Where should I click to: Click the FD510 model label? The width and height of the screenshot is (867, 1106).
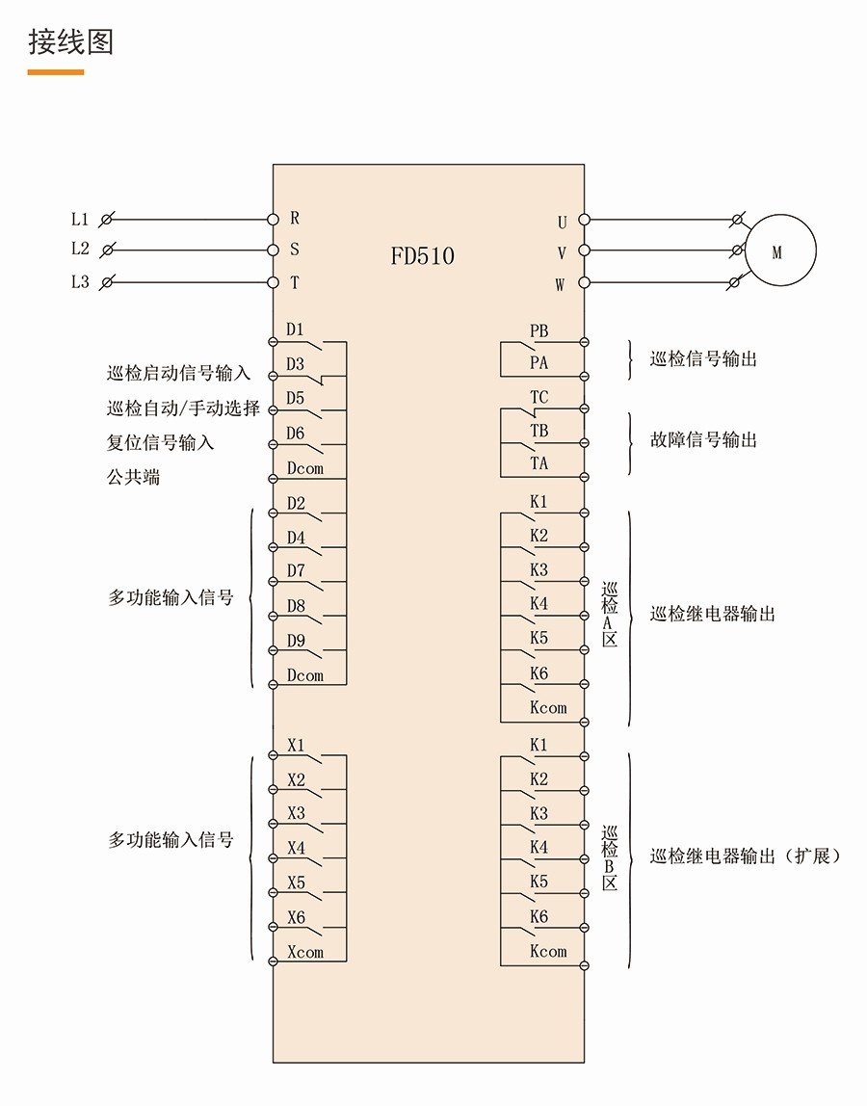[422, 256]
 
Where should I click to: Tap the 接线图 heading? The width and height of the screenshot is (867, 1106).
[70, 42]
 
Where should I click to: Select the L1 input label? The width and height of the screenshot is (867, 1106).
[80, 220]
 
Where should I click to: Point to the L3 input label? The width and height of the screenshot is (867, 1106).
[80, 282]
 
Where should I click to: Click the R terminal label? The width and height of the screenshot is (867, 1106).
[295, 219]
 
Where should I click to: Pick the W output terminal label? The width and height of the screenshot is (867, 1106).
[560, 284]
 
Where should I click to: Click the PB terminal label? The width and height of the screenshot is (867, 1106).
[539, 331]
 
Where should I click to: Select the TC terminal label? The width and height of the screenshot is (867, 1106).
[539, 397]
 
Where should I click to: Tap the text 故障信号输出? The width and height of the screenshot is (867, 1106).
[703, 440]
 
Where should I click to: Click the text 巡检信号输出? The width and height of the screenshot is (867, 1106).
[703, 359]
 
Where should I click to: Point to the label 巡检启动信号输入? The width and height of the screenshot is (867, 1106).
[178, 374]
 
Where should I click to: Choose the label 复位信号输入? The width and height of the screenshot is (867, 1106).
[160, 443]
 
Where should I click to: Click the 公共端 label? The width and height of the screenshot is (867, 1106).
[133, 477]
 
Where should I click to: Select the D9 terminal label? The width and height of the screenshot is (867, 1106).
[296, 641]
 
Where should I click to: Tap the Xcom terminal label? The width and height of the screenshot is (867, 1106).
[305, 952]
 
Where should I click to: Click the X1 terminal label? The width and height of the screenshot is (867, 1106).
[296, 746]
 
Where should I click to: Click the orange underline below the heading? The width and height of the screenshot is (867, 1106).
[56, 72]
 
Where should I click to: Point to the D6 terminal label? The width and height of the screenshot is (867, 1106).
[295, 434]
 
